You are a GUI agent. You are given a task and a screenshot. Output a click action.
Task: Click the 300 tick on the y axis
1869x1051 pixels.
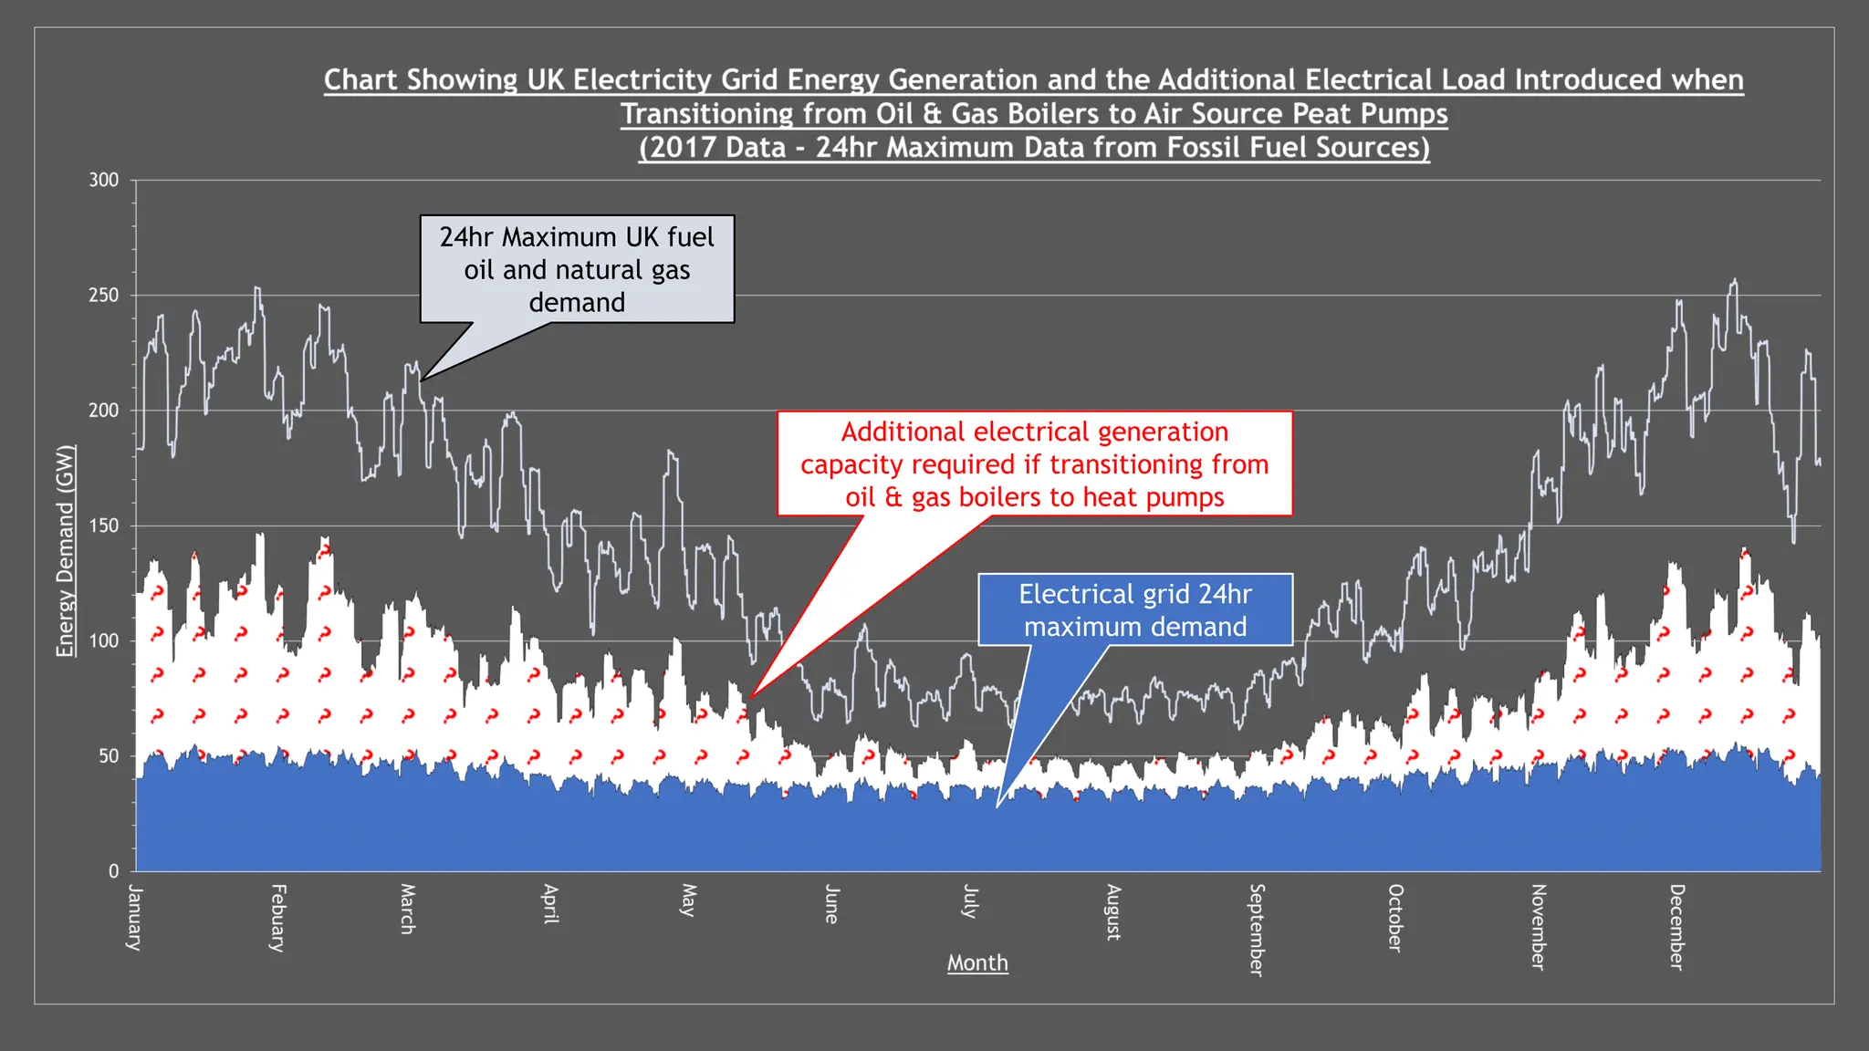[104, 181]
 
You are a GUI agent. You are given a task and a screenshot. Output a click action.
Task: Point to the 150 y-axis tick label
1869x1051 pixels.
[104, 525]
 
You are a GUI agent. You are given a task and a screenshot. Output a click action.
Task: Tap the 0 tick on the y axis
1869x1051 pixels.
[113, 871]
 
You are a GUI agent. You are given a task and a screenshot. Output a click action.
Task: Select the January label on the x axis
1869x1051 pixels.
[134, 917]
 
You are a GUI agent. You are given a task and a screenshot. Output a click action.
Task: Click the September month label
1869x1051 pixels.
[1257, 930]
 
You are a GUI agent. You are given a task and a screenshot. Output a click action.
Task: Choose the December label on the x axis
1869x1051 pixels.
[1676, 926]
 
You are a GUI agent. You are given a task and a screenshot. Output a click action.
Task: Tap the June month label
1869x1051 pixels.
[831, 903]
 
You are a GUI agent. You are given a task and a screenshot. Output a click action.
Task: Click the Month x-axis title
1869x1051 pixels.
[977, 963]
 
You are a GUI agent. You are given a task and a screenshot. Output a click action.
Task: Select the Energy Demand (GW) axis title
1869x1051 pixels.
[64, 550]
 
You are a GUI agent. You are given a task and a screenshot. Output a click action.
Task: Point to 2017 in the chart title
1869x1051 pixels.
[681, 148]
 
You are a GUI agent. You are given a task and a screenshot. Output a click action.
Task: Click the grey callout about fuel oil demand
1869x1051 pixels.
[577, 269]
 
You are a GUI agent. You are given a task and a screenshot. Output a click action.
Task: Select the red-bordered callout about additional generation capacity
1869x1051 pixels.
[1034, 463]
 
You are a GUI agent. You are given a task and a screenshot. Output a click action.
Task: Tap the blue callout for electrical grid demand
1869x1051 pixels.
[1134, 609]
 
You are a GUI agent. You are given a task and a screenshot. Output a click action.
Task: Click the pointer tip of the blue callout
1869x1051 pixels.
[997, 807]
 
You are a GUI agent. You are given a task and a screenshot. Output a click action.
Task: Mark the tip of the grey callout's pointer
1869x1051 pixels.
[422, 380]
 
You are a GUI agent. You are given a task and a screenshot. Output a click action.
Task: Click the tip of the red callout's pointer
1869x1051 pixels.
[748, 700]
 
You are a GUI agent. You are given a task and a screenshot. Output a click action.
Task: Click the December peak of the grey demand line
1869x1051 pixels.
[1735, 280]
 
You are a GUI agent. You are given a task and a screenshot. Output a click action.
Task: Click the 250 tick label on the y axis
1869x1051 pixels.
[104, 296]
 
